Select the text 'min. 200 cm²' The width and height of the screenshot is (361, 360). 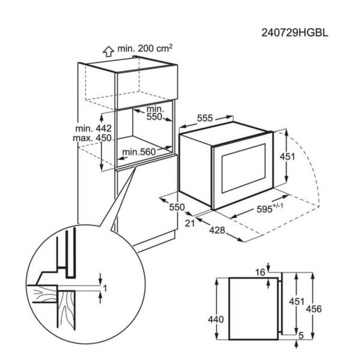[x=145, y=47]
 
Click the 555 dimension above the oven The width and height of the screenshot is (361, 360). [x=204, y=119]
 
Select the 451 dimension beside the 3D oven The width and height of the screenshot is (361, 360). [x=290, y=157]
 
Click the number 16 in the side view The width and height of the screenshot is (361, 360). [x=260, y=273]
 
